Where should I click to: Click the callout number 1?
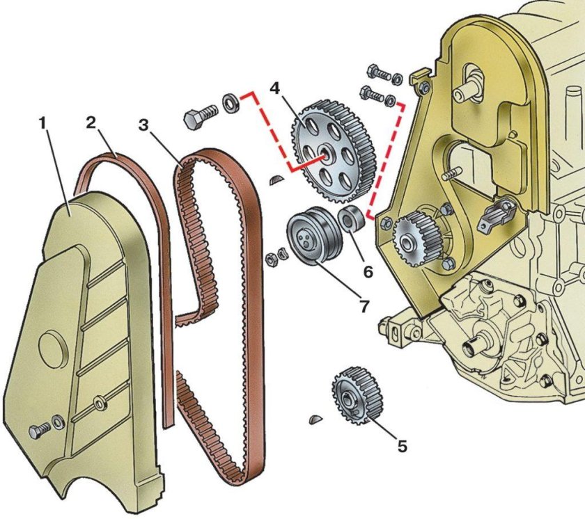[43, 122]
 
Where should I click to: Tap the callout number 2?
[91, 122]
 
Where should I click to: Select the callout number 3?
[143, 125]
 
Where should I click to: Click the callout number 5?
[402, 446]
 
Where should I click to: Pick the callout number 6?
[368, 272]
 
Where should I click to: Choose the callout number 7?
[364, 306]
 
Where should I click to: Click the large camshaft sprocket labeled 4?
[333, 152]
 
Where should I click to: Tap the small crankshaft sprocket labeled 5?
[357, 395]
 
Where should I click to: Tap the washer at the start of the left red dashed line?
[231, 103]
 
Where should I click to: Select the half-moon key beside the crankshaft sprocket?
[315, 419]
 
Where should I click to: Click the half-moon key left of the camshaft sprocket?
[277, 179]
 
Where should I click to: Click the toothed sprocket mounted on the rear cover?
[414, 239]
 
